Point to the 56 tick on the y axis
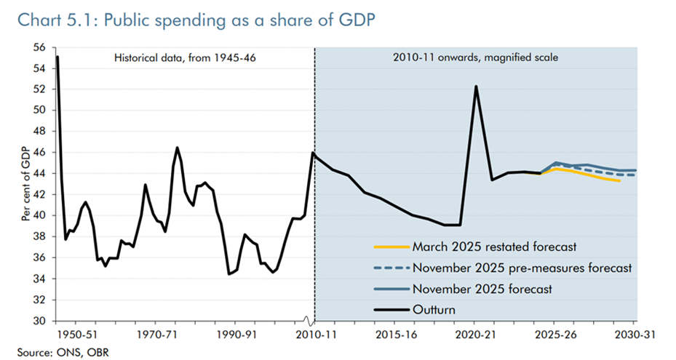point(40,47)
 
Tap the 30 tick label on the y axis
point(40,321)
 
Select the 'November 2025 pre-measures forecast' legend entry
point(520,267)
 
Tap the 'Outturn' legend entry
point(433,310)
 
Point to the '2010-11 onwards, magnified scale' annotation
point(475,57)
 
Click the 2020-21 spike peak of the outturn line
point(476,87)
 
